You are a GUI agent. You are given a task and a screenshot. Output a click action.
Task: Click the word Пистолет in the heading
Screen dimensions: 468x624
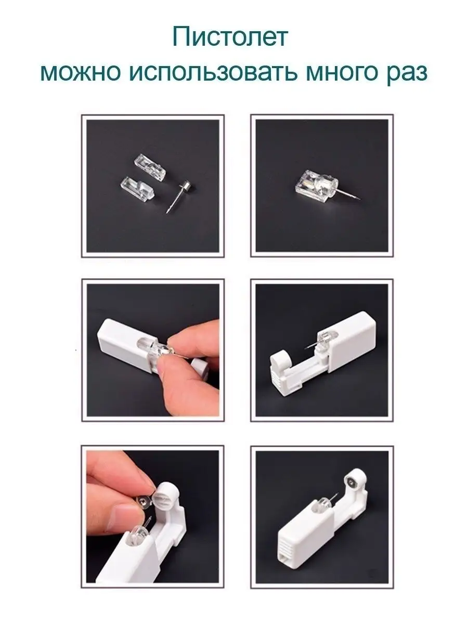click(x=230, y=37)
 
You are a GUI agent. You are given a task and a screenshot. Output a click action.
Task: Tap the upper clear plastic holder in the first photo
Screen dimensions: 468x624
click(x=149, y=167)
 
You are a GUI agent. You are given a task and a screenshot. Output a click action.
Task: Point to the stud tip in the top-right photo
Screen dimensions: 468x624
click(x=360, y=199)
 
